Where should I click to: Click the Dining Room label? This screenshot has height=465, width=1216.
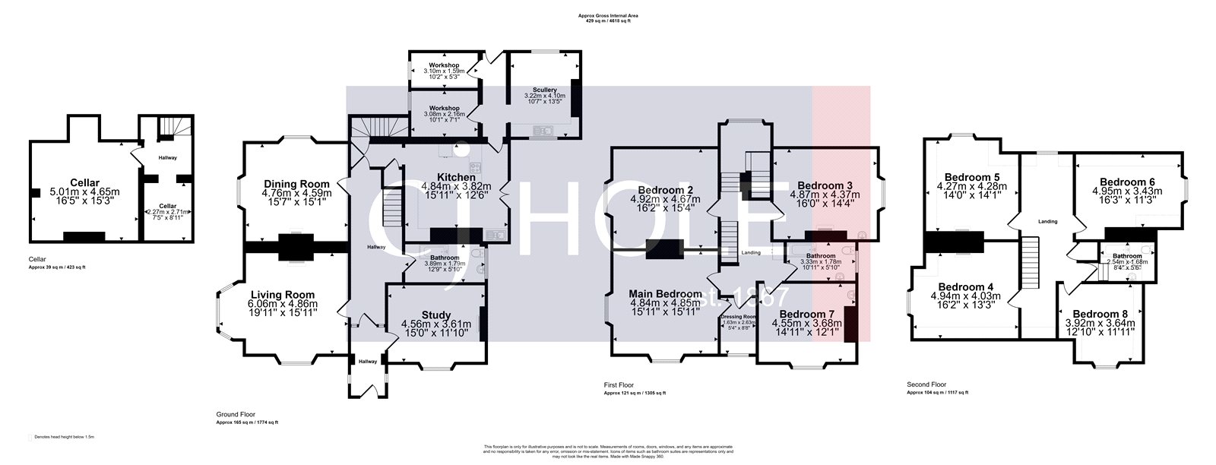tap(296, 184)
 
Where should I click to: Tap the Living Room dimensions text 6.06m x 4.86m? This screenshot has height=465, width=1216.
tap(283, 304)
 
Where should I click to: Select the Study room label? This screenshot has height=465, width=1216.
tap(436, 315)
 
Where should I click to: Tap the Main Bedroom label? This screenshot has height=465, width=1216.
tap(666, 294)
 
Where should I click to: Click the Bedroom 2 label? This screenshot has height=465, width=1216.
tap(665, 190)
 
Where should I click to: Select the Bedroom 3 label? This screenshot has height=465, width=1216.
tap(825, 185)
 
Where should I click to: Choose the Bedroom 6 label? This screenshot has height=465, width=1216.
tap(1127, 182)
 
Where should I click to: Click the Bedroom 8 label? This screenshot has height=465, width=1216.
tap(1100, 314)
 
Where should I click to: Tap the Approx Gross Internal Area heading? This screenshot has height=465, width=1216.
tap(607, 14)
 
